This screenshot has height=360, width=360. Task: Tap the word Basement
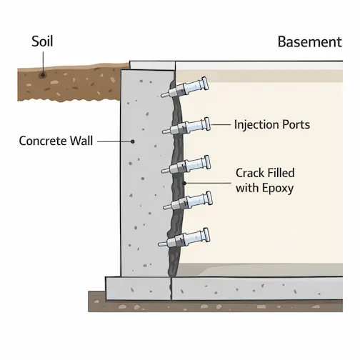point(309,42)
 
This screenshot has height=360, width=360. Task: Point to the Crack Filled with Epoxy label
point(264,181)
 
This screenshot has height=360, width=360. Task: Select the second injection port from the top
point(189,127)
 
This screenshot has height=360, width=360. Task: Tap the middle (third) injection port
point(189,165)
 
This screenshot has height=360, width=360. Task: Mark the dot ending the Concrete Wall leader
point(133,141)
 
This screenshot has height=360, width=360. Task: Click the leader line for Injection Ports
point(220,124)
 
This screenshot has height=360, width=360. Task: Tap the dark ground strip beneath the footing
point(214,304)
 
